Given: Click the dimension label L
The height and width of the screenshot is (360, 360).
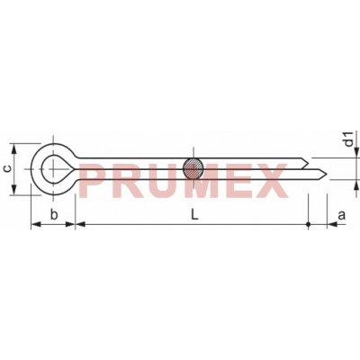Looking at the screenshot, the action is [x=194, y=214].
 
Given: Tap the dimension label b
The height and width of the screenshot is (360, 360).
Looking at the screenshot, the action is [x=54, y=214].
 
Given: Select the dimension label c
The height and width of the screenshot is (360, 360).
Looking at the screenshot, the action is [x=8, y=168].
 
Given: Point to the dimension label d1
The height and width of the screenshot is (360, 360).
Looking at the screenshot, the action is [x=348, y=139].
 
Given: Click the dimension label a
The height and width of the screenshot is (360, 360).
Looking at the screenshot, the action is [x=342, y=215].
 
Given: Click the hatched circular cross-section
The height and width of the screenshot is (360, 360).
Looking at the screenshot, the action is [x=193, y=169].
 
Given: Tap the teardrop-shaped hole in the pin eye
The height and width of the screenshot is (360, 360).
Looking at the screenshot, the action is [x=55, y=169].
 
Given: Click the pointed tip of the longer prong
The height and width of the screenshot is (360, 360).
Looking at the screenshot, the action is [x=326, y=173].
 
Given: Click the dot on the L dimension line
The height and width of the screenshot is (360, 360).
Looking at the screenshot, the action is [x=309, y=224].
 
